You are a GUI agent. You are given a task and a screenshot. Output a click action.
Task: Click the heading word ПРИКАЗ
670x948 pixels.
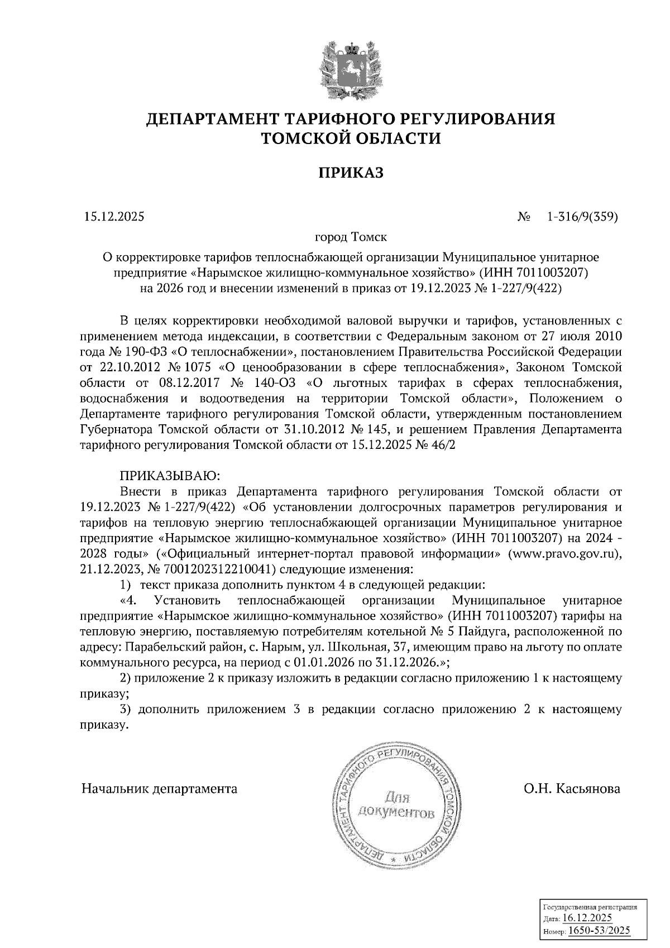coord(351,173)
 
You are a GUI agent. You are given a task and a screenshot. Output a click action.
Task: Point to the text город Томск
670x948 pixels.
coord(351,237)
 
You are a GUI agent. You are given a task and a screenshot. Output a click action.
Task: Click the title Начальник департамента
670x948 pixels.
coord(160,789)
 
